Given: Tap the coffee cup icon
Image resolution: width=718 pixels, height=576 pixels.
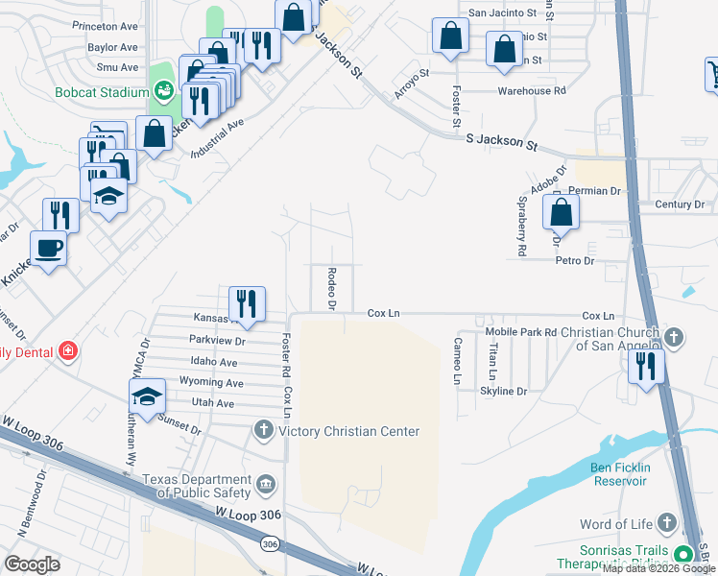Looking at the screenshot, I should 49,249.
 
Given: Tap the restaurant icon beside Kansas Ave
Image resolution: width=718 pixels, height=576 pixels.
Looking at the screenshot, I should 247,304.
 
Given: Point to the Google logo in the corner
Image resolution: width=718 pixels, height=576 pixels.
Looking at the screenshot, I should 32,564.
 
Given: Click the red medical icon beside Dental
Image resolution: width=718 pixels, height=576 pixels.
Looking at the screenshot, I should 67,351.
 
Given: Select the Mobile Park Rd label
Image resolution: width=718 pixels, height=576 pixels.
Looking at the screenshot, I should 521,332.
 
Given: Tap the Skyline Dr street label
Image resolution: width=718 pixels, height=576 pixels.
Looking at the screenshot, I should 504,392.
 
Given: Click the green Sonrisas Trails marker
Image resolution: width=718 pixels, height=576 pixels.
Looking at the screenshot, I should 683,554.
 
